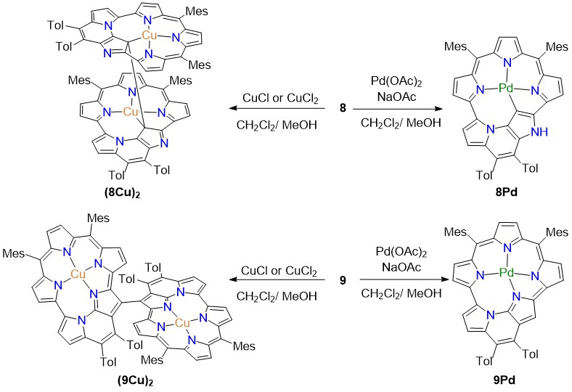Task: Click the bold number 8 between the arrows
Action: pyautogui.click(x=342, y=108)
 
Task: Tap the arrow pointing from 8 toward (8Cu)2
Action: pyautogui.click(x=280, y=109)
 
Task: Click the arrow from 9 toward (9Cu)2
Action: pyautogui.click(x=280, y=296)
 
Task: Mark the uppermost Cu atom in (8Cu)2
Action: pyautogui.click(x=148, y=34)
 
